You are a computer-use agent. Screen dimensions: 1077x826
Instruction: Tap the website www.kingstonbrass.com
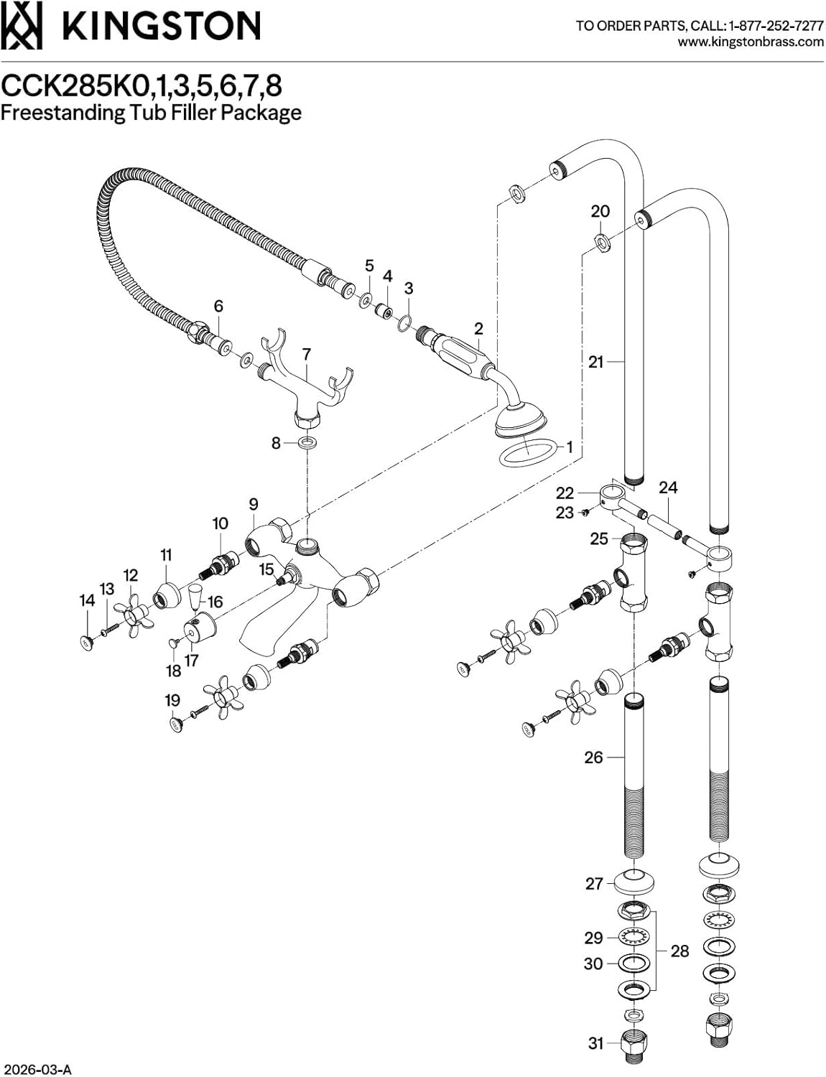751,42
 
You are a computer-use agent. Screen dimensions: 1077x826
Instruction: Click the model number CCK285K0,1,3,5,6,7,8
141,86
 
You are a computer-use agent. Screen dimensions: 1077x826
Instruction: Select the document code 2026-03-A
37,1070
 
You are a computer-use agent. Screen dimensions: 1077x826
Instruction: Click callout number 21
595,362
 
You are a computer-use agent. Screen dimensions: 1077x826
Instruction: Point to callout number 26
593,757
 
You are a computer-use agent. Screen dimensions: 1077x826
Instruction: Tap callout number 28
679,951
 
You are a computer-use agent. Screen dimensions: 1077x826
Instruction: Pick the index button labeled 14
86,643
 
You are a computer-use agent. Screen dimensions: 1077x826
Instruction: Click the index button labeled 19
175,724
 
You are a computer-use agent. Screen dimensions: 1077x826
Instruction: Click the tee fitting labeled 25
633,574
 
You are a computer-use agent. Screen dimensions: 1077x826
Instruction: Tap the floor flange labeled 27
634,882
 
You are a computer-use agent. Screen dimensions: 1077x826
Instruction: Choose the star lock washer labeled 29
634,937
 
